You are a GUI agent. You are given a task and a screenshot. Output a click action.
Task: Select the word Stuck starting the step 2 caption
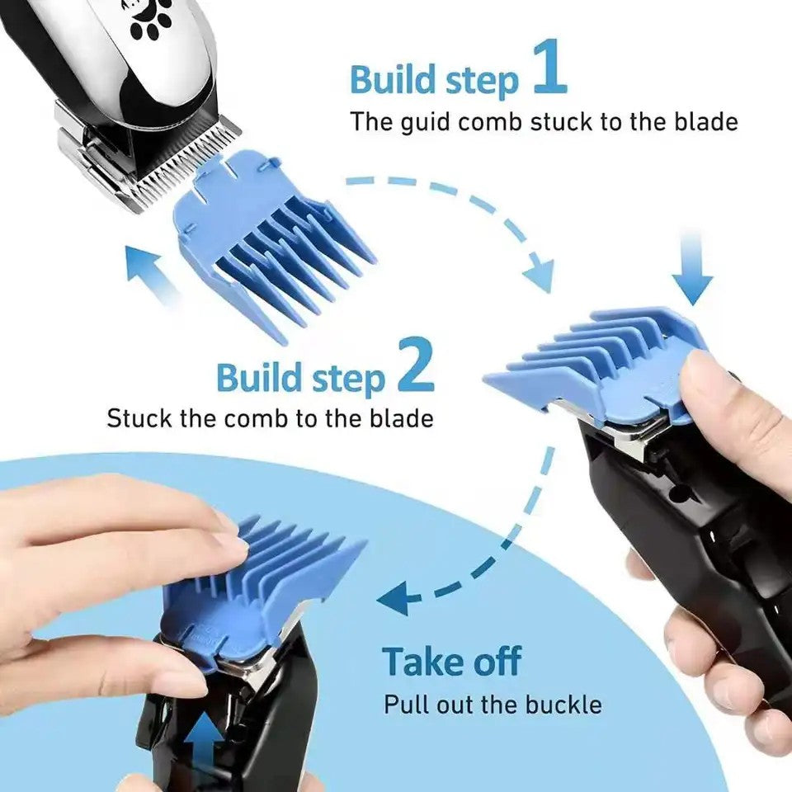(136, 417)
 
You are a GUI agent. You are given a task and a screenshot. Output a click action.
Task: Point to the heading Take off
(451, 662)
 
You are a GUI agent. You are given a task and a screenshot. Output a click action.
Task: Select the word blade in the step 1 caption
(700, 122)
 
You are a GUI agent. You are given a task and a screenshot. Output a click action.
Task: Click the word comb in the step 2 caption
(265, 417)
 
